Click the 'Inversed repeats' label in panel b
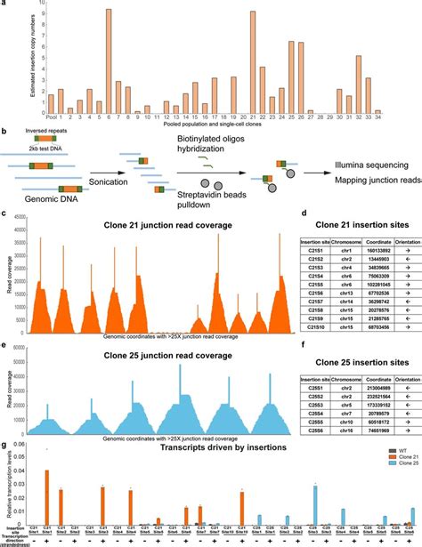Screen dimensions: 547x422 tap(60, 136)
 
